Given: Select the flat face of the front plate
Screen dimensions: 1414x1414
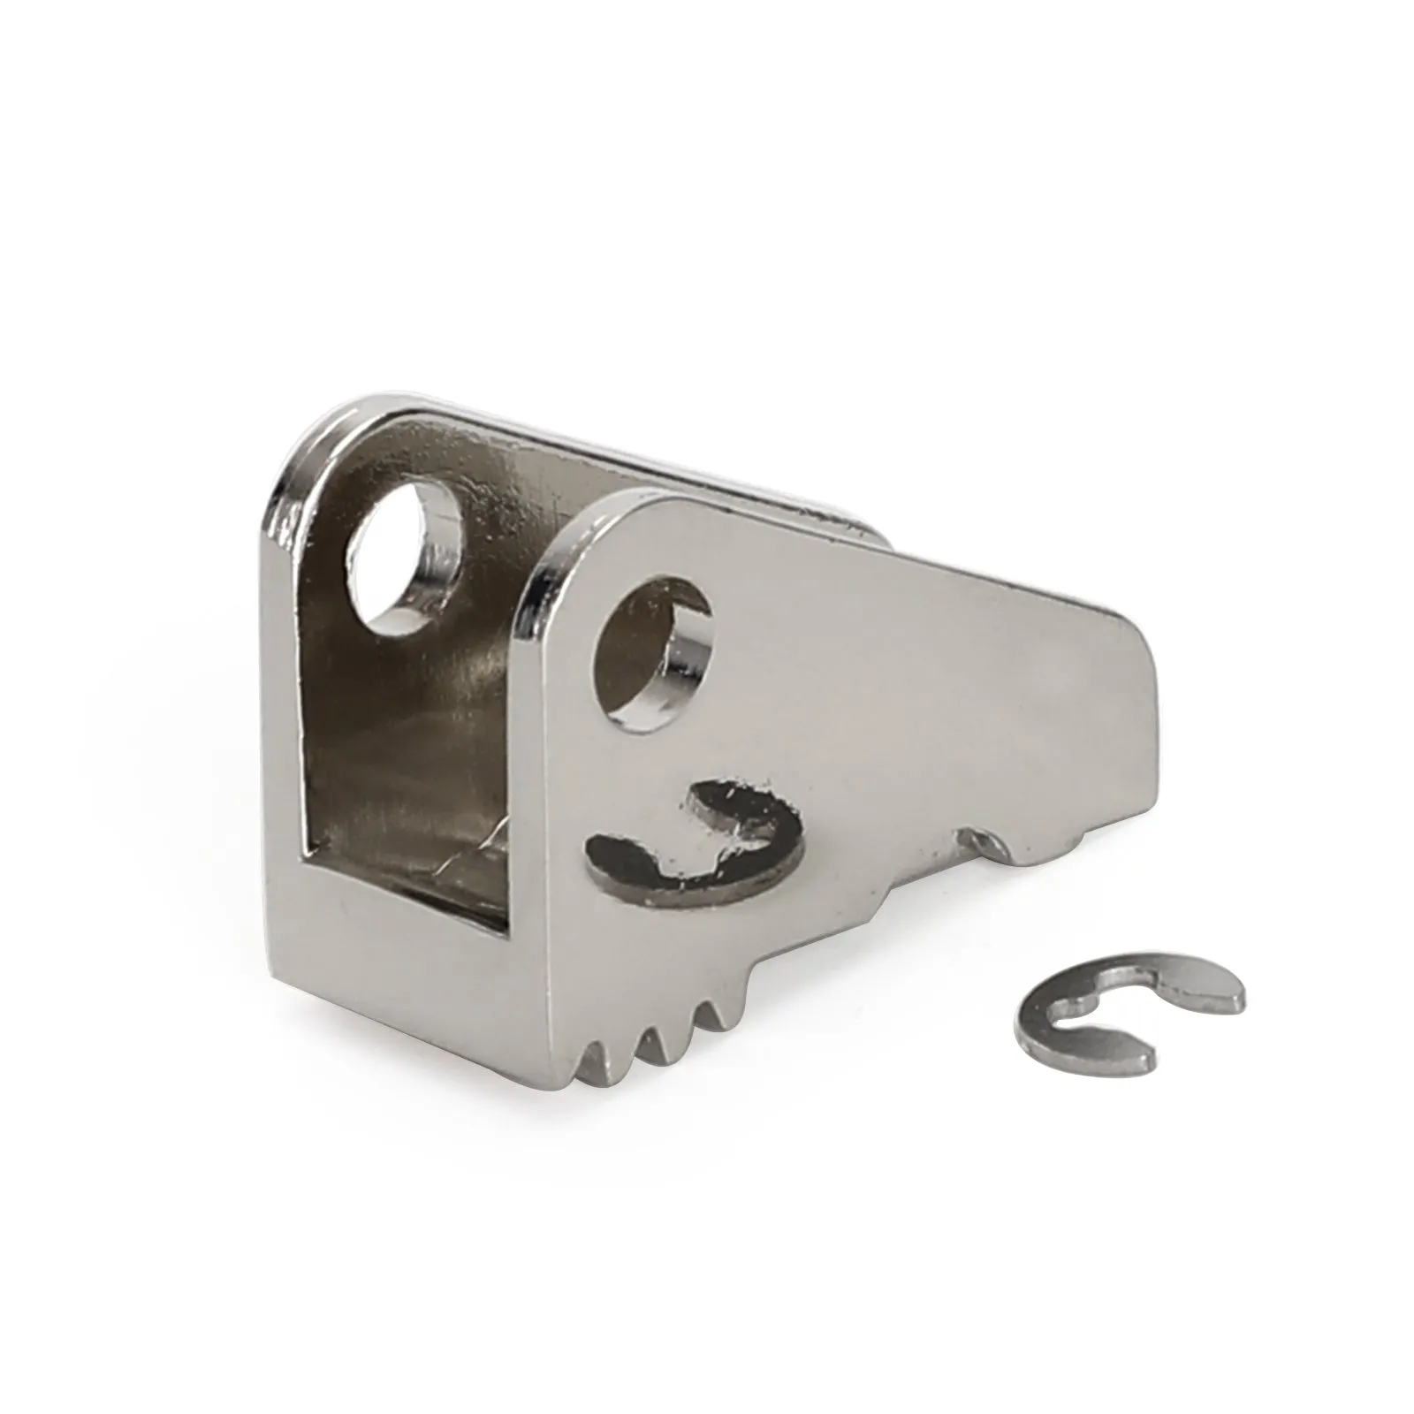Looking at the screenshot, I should coord(884,689).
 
